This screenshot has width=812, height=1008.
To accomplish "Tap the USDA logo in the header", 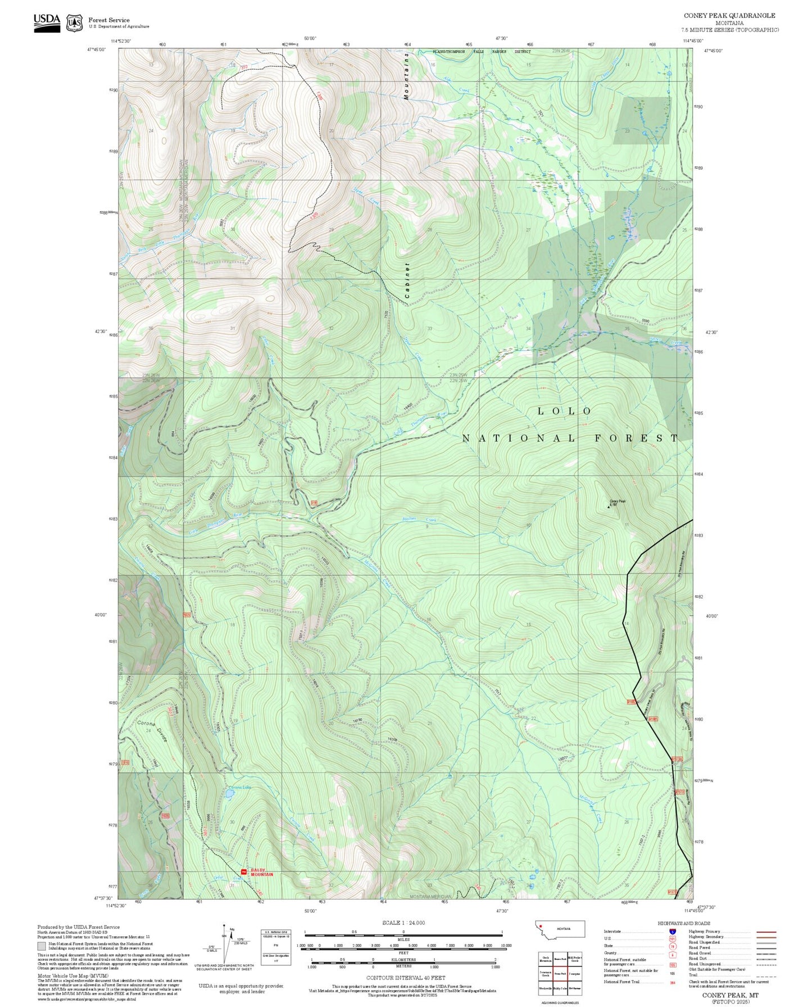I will (x=47, y=22).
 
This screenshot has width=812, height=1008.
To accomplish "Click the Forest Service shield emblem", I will (x=74, y=23).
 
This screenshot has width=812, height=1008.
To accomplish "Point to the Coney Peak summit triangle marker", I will (x=608, y=507).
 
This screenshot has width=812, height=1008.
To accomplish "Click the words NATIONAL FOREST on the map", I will (x=570, y=438).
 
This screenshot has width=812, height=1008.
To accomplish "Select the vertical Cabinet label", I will (x=407, y=280).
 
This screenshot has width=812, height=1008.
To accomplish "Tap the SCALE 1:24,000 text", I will (x=403, y=923).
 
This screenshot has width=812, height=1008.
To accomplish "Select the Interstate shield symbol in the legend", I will (x=672, y=932).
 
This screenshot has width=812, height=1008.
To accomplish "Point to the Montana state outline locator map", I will (x=560, y=929).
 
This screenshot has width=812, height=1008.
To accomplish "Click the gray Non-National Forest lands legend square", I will (x=42, y=945).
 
